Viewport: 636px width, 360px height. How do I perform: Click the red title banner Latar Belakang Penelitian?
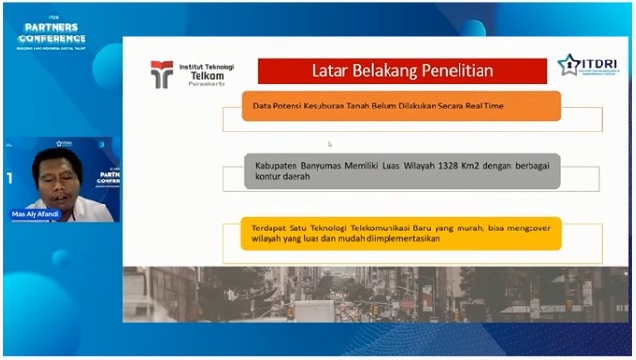click(402, 70)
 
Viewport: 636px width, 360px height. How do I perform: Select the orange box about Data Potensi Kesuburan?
click(401, 106)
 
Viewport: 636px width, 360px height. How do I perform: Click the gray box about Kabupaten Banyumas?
click(401, 171)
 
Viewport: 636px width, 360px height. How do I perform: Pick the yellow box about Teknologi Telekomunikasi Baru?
click(401, 233)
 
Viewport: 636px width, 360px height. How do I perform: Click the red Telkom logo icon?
click(161, 74)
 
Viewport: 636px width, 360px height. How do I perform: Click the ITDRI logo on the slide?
click(586, 65)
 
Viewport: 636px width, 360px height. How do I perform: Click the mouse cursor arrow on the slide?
click(329, 144)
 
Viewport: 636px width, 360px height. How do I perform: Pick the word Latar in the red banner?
click(332, 70)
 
